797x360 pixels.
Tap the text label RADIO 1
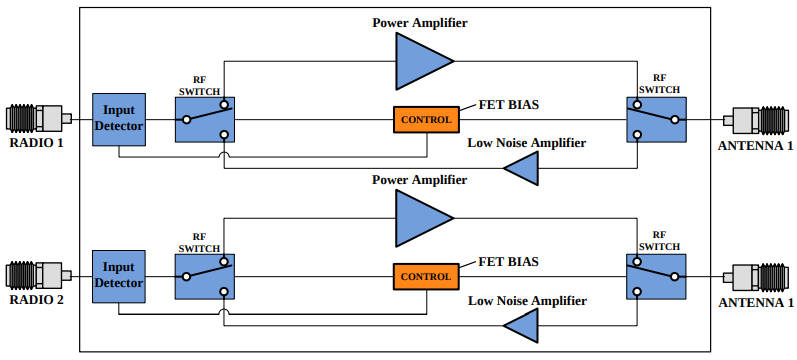[37, 143]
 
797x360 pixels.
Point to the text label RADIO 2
[37, 298]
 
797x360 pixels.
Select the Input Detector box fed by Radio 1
[119, 120]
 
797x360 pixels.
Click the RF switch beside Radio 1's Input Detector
[205, 120]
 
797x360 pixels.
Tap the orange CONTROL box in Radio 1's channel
[426, 120]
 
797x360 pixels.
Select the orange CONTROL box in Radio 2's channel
[426, 275]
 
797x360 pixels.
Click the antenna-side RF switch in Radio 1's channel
[656, 120]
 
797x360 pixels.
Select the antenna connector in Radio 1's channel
[758, 119]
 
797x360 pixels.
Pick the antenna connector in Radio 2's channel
[758, 274]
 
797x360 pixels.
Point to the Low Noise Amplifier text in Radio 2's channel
[526, 300]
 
